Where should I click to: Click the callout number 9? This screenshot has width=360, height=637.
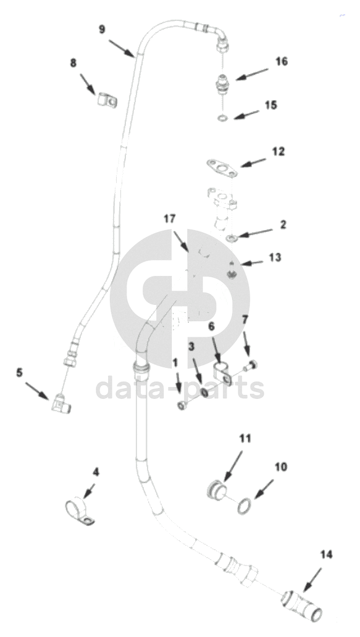(102, 30)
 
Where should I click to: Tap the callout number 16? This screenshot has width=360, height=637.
(282, 61)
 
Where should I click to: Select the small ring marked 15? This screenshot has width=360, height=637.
(223, 119)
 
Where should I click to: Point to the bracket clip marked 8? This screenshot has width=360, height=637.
(107, 99)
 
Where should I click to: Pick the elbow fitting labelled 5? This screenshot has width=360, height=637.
(61, 403)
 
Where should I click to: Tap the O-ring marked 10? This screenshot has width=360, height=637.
(245, 507)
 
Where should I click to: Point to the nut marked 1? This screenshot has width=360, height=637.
(183, 405)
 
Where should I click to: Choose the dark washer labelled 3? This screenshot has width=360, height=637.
(204, 392)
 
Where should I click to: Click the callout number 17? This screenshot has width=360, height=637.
(170, 219)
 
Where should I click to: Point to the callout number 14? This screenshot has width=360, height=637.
(326, 554)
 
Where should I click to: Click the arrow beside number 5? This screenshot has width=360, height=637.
(38, 389)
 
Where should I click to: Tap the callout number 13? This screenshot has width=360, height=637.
(275, 257)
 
